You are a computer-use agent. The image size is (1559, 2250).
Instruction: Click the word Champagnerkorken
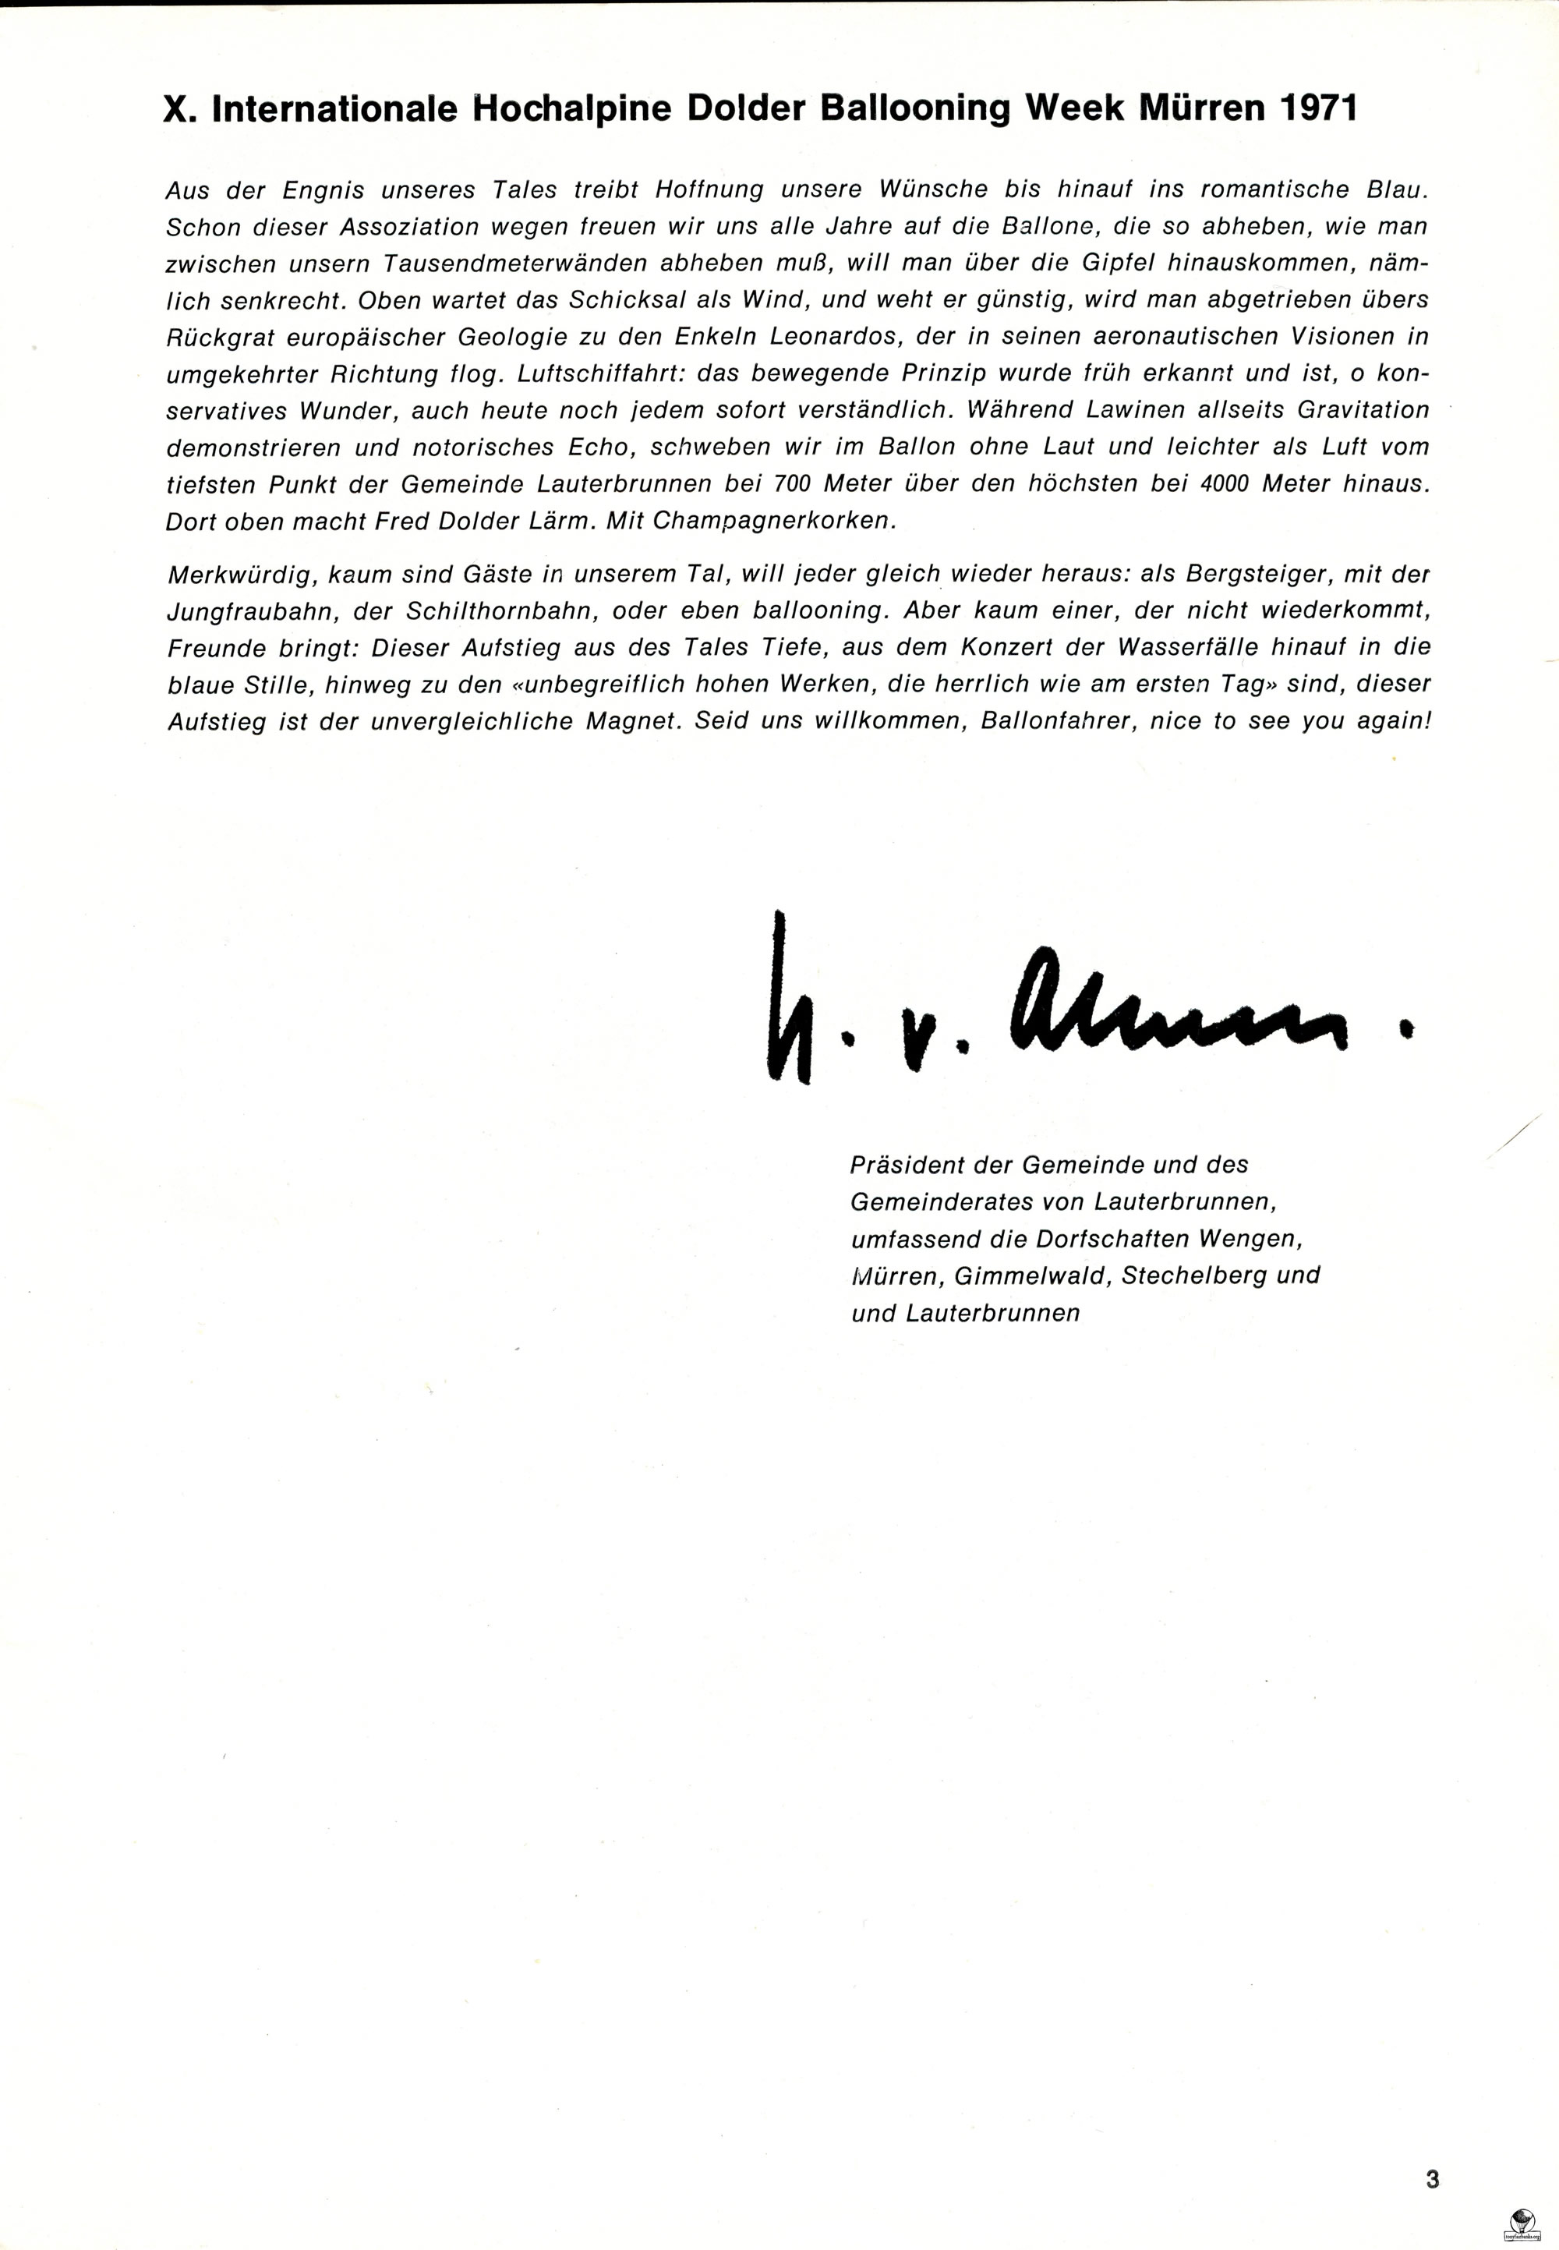coord(773,522)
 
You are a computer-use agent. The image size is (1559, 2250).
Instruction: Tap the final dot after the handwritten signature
coord(1407,1028)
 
